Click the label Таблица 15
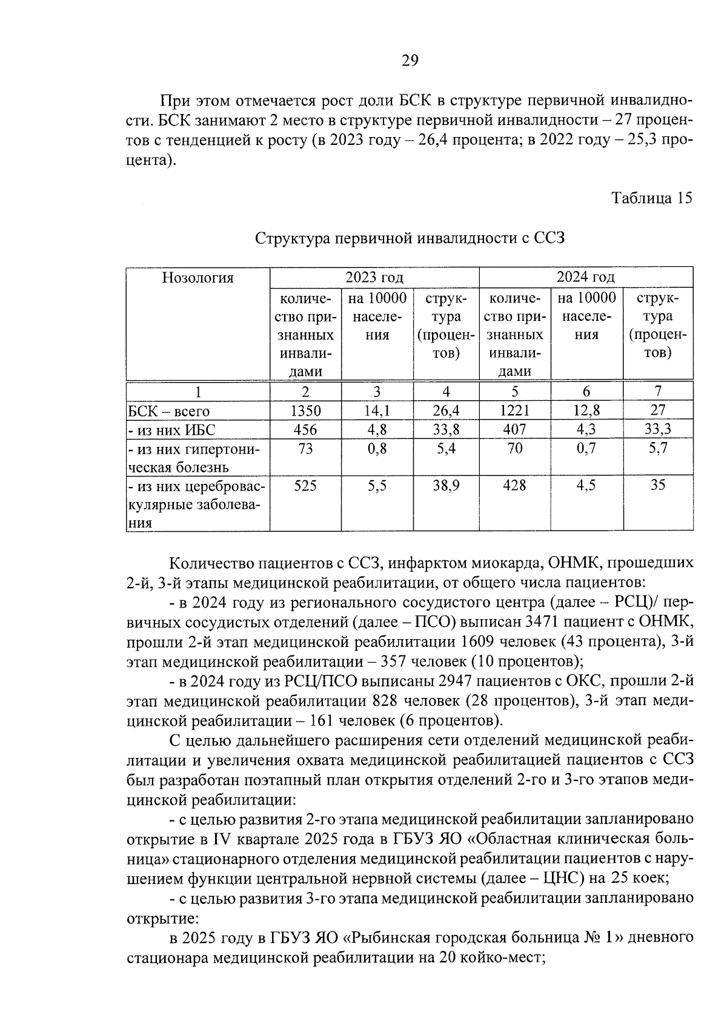click(651, 198)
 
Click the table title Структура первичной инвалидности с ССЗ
click(410, 238)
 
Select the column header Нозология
click(198, 278)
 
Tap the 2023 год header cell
click(374, 278)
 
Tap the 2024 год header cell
click(585, 278)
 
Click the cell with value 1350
click(305, 411)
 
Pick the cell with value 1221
click(514, 411)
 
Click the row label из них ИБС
click(172, 431)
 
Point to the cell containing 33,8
click(446, 430)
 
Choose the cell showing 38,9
click(446, 485)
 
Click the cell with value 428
click(514, 485)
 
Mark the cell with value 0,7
click(586, 449)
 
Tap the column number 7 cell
click(658, 391)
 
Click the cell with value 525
click(305, 485)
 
